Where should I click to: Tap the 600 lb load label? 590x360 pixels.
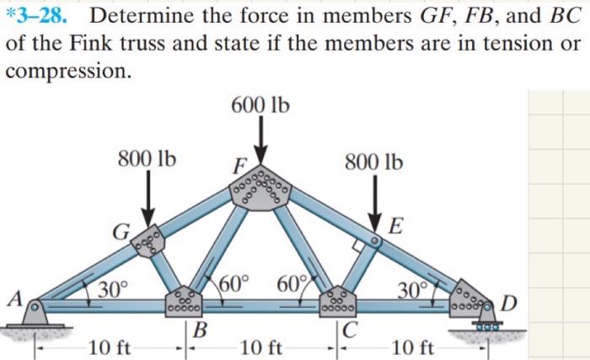tap(260, 105)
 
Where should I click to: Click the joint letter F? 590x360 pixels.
tap(239, 166)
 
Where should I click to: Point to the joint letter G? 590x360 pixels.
tap(121, 230)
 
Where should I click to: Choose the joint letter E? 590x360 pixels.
tap(396, 224)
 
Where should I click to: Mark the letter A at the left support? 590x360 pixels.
tap(13, 298)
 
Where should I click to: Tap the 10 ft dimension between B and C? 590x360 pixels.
tap(261, 346)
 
